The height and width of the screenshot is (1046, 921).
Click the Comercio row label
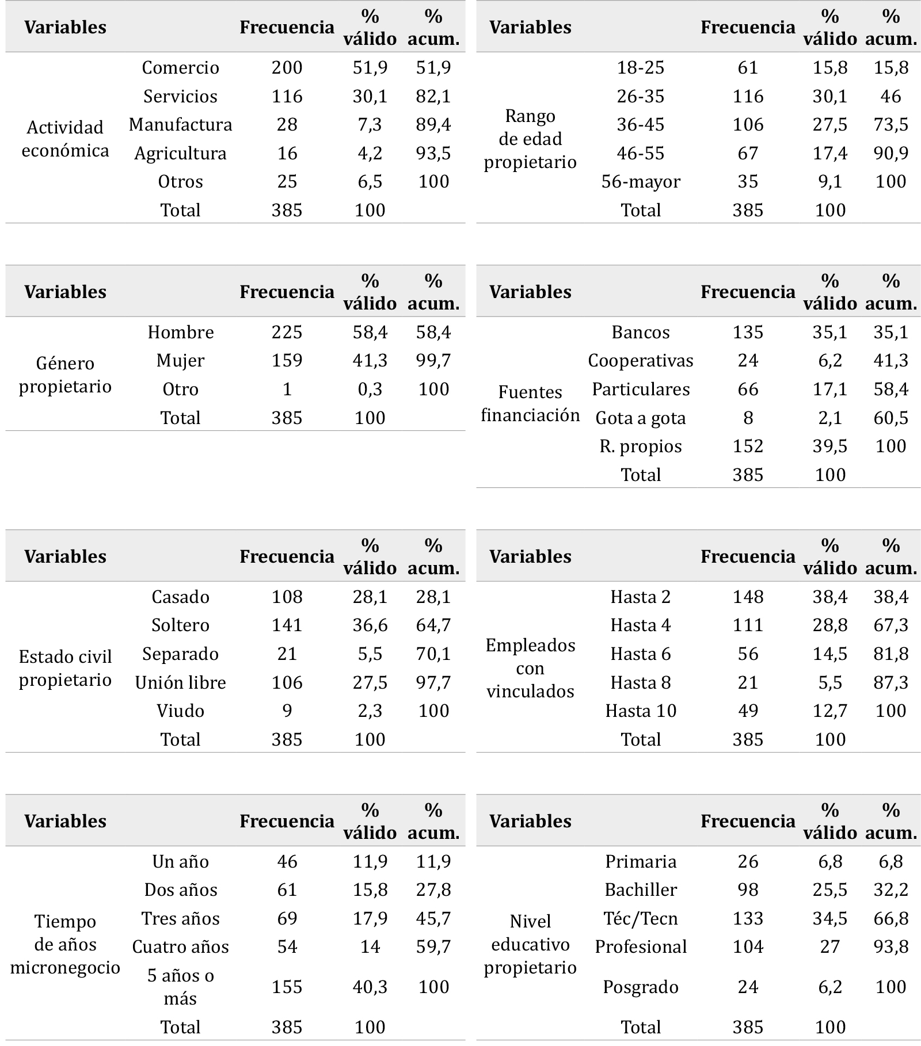180,68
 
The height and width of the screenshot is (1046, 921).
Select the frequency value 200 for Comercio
287,68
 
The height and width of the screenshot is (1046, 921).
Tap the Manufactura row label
180,125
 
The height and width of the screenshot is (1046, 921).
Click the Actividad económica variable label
65,139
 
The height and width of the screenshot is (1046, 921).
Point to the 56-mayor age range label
641,182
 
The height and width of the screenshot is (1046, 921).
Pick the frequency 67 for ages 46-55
748,154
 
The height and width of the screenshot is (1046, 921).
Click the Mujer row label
180,361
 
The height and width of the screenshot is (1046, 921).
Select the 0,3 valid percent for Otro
370,390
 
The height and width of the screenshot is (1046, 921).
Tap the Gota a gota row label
641,418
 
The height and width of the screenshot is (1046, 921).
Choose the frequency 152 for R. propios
748,446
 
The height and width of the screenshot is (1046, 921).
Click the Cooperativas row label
641,361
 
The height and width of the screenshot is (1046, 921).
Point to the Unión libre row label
180,682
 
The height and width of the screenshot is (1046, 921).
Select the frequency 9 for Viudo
287,711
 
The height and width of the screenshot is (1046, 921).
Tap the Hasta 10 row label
641,711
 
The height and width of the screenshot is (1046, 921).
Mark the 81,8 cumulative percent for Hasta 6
890,654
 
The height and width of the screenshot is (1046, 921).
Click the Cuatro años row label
180,947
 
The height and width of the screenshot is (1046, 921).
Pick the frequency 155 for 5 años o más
287,987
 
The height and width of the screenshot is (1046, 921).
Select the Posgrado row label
641,987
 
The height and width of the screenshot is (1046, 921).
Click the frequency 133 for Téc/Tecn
748,919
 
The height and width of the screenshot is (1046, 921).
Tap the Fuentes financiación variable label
530,403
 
